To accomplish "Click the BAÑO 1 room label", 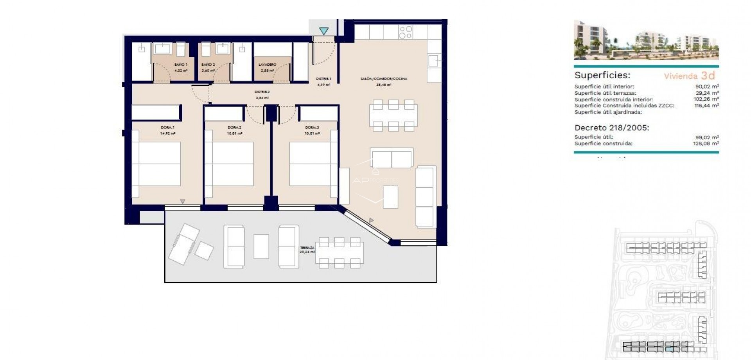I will (181, 65).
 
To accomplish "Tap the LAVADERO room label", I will (268, 65).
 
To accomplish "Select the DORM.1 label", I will (167, 128).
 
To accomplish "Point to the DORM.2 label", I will (234, 128).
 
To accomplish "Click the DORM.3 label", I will (312, 128).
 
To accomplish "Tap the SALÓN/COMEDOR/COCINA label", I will (384, 79).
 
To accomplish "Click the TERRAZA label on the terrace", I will (307, 248).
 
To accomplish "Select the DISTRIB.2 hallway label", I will (262, 92).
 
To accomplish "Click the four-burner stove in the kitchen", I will (406, 32).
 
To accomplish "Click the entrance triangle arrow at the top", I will (323, 31).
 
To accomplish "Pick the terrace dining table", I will (339, 253).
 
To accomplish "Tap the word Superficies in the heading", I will (602, 76).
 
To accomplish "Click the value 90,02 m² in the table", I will (708, 87).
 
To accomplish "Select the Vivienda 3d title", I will (689, 76).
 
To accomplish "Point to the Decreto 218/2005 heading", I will (611, 128).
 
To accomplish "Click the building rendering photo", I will (646, 40).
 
